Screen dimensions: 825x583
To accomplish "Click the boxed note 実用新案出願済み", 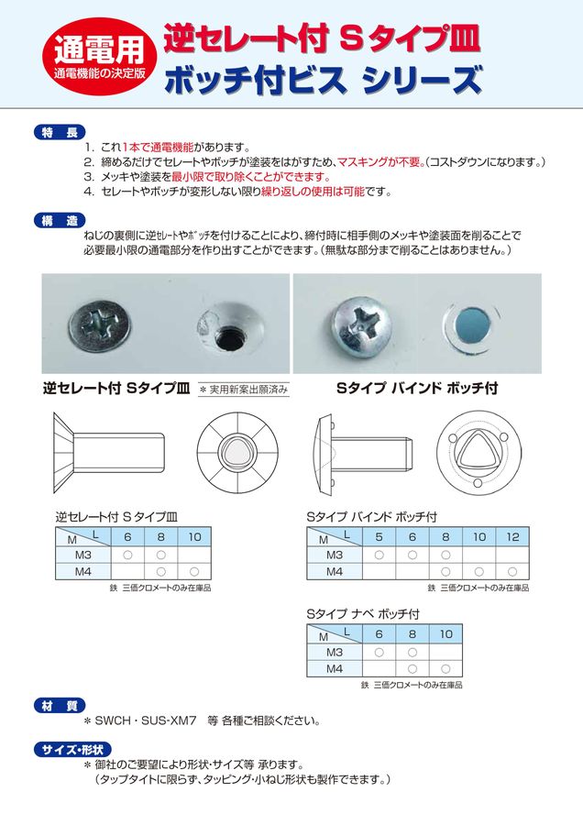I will (243, 389).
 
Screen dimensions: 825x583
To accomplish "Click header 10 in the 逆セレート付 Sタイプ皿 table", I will (194, 537).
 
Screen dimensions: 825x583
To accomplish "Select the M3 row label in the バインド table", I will (335, 555).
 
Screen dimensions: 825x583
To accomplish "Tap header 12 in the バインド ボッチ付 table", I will (513, 537).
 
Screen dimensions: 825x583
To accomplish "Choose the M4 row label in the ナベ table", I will (335, 668).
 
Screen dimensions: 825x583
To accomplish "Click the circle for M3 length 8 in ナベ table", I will (412, 652).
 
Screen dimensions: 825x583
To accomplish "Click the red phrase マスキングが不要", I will (379, 161).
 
